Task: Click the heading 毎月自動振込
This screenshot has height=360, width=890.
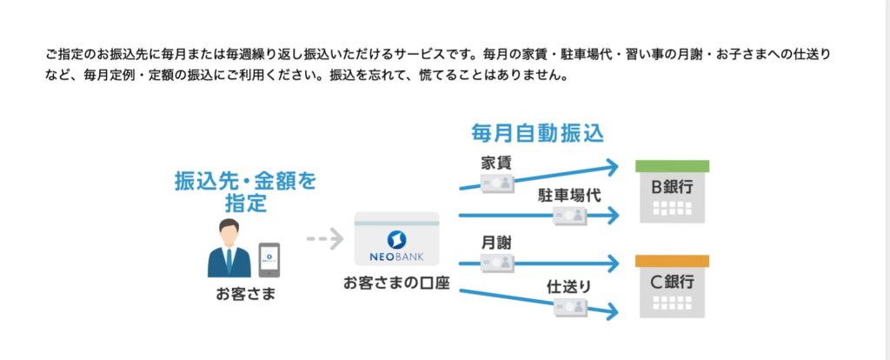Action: tap(536, 133)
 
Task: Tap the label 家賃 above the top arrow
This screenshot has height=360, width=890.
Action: tap(496, 163)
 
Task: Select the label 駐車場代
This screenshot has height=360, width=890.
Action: tap(569, 196)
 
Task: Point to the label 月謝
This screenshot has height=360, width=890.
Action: tap(496, 243)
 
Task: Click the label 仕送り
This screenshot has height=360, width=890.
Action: tap(568, 287)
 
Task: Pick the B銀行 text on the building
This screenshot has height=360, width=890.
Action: tap(672, 187)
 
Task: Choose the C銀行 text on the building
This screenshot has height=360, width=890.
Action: tap(672, 282)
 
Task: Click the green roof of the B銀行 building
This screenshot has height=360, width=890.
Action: tap(672, 166)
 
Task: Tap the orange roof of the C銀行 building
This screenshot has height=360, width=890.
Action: tap(672, 261)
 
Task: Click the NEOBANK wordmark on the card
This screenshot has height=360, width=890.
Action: tap(396, 257)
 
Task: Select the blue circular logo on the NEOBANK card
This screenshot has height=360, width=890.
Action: tap(396, 238)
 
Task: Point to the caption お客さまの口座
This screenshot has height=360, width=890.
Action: tap(396, 283)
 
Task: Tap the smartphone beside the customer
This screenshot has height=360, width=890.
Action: tap(269, 260)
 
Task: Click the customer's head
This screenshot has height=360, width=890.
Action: tap(229, 231)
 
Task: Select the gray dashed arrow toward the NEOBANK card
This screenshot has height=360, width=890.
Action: tap(325, 238)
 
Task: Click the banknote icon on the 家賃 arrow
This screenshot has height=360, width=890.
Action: tap(498, 183)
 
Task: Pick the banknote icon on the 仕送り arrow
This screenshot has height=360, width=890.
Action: tap(570, 307)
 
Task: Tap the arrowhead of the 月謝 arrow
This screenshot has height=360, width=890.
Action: tap(611, 263)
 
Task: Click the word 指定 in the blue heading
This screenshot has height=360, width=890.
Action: tap(245, 203)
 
